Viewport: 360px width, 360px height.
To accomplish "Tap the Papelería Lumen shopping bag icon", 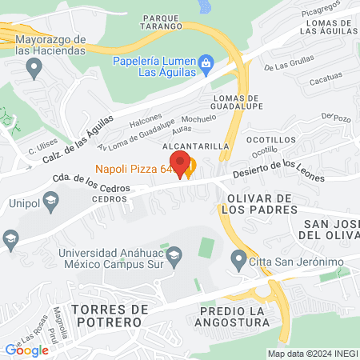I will (206, 62).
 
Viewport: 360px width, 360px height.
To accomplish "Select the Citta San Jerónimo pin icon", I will (238, 259).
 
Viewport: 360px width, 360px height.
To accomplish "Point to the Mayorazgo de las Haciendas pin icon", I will (34, 69).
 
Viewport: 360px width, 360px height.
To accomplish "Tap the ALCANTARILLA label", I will (197, 147).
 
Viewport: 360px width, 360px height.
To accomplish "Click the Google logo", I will (26, 350).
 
